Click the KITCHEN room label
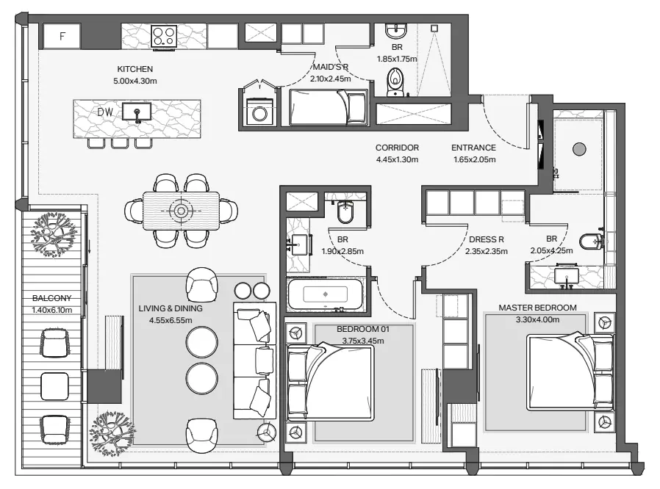point(134,69)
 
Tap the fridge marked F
point(62,36)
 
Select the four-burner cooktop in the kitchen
point(164,36)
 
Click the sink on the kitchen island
point(137,112)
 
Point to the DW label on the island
point(105,112)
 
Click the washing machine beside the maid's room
point(259,112)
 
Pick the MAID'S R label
point(331,67)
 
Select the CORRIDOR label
point(397,148)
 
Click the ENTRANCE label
point(473,148)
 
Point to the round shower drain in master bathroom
point(580,149)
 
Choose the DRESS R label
point(486,239)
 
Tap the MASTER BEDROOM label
point(537,308)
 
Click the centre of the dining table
point(181,211)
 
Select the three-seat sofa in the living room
point(254,361)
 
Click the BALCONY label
point(51,298)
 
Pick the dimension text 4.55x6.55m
point(171,320)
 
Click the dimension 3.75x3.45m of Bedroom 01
point(363,341)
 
